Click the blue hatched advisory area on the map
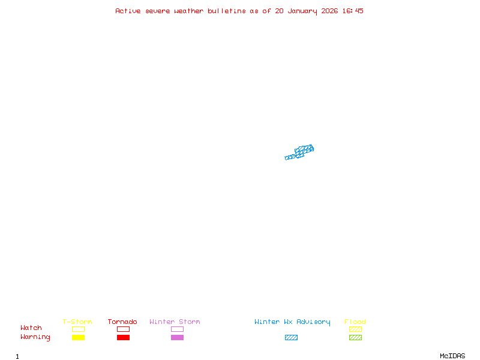(x=300, y=152)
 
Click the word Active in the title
(x=128, y=11)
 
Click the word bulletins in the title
(x=227, y=11)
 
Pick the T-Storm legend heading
(x=77, y=322)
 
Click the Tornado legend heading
(x=122, y=322)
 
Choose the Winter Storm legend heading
(x=175, y=322)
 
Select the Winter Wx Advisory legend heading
(x=292, y=322)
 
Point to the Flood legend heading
(x=355, y=322)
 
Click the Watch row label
(x=31, y=328)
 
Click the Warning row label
(x=35, y=337)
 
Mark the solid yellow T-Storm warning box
(x=78, y=337)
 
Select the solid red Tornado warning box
(x=123, y=337)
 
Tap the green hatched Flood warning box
(x=355, y=337)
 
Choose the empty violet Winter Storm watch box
(x=177, y=329)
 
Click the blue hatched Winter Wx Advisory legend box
(x=291, y=337)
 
